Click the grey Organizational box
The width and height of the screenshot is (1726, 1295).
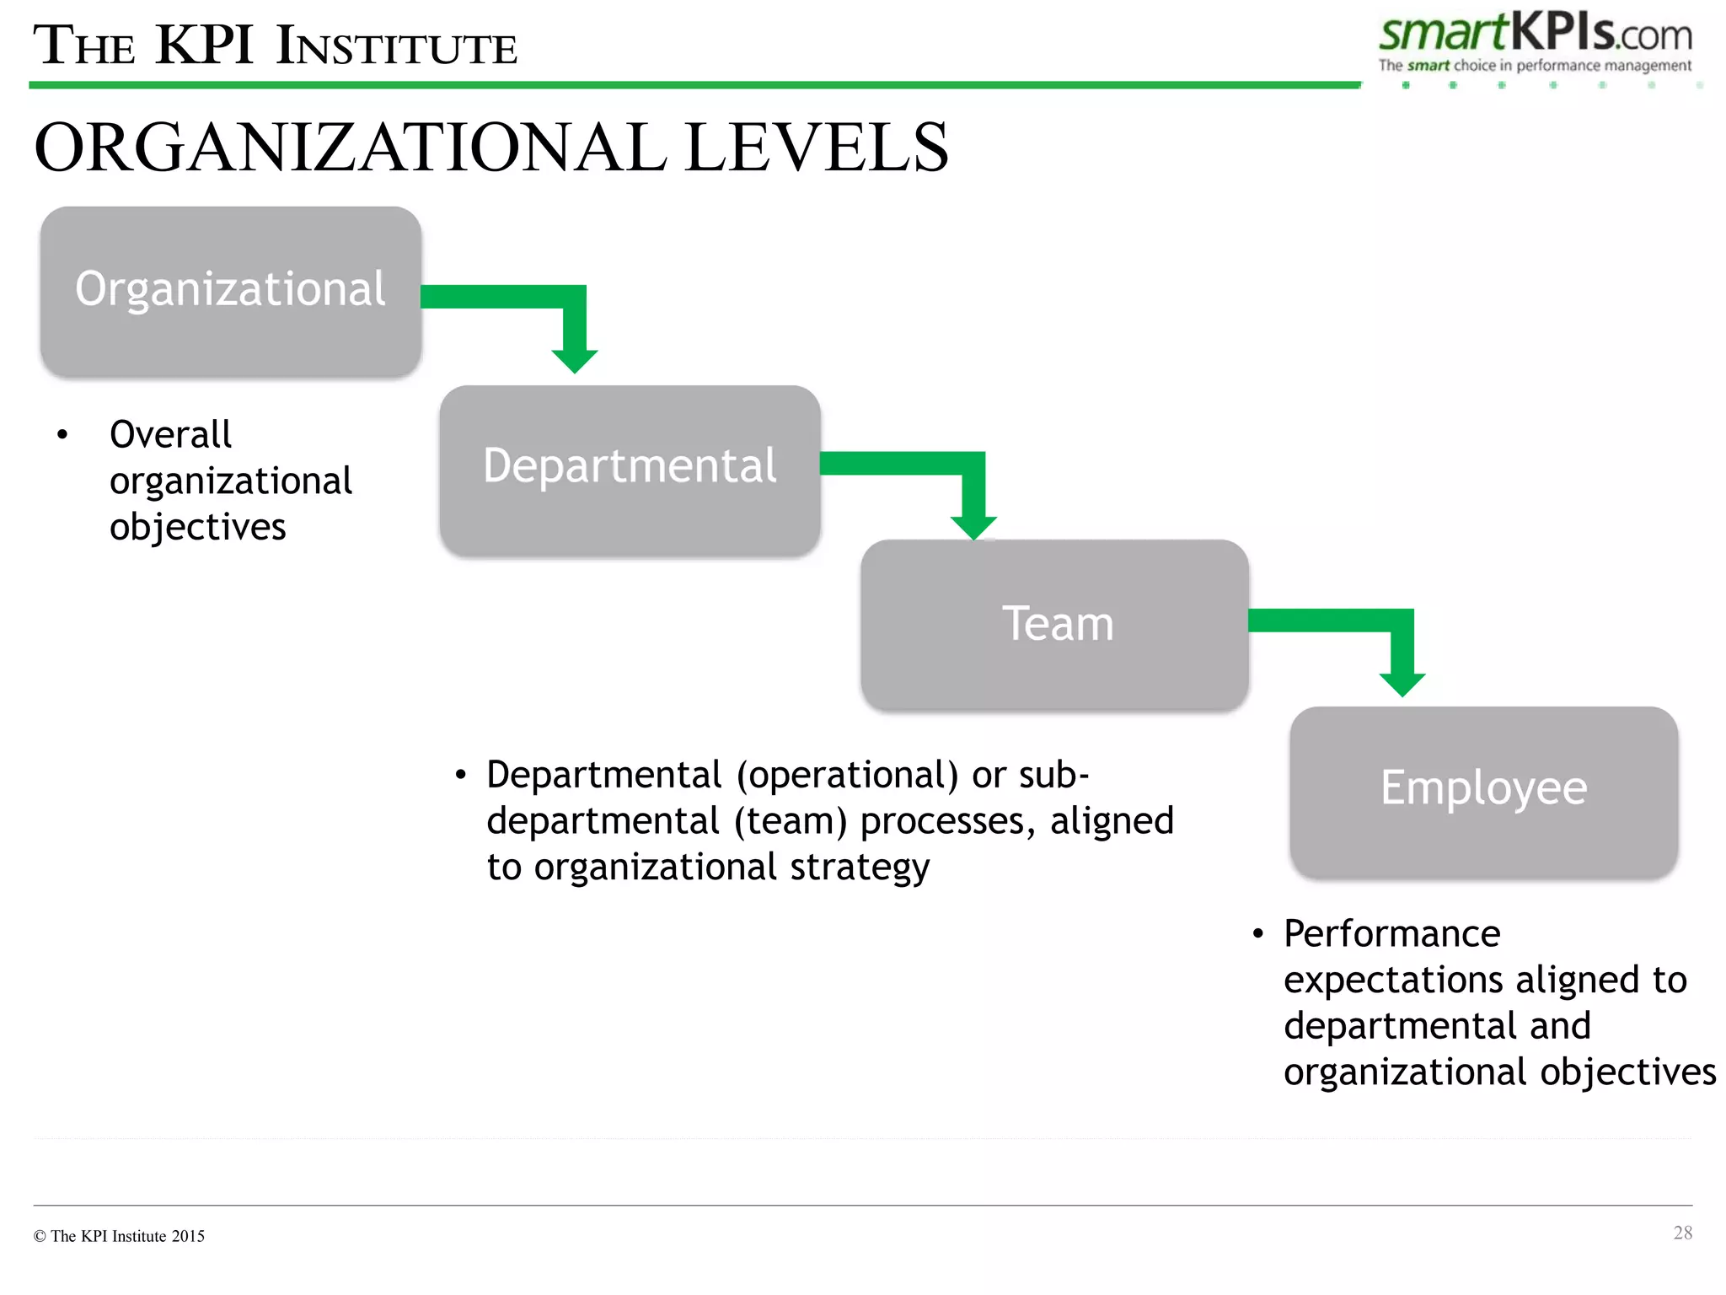[230, 291]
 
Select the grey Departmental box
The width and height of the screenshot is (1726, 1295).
[630, 470]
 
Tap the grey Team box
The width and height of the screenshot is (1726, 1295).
[1054, 625]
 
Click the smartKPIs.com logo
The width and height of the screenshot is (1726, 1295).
[1535, 35]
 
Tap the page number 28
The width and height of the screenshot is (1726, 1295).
[1682, 1233]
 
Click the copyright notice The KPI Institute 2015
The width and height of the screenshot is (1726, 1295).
[119, 1236]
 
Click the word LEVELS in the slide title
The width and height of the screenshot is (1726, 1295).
[816, 148]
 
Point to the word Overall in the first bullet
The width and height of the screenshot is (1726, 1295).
[170, 435]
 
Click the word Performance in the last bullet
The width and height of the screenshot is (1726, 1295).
[1391, 934]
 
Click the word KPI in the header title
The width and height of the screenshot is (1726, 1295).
[205, 46]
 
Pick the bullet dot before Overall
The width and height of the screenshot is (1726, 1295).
[62, 435]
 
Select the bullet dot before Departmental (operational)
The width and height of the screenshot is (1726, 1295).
[460, 775]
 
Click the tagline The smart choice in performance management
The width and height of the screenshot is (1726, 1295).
[1534, 66]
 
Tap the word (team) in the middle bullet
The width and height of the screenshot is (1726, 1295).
[790, 821]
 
